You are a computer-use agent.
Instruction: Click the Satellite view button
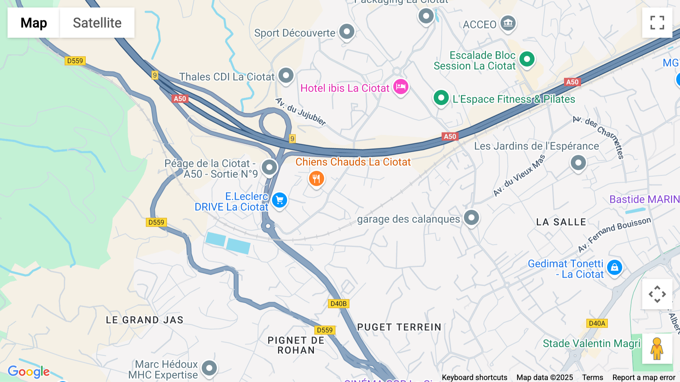[x=97, y=23]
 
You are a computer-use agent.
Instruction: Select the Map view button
[x=34, y=23]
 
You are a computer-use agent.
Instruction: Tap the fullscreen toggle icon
[x=657, y=23]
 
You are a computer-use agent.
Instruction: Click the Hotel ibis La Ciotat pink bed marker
[x=400, y=87]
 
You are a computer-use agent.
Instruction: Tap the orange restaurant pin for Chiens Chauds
[x=317, y=179]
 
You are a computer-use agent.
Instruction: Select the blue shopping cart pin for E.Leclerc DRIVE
[x=280, y=200]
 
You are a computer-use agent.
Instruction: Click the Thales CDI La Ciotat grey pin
[x=286, y=76]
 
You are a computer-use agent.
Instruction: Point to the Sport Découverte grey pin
[x=346, y=31]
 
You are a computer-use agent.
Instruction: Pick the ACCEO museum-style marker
[x=508, y=23]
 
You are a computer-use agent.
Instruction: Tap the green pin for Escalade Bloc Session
[x=527, y=59]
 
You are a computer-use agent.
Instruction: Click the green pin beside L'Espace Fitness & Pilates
[x=441, y=98]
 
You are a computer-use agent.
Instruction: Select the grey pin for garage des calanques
[x=471, y=217]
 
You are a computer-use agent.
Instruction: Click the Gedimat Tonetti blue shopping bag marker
[x=614, y=267]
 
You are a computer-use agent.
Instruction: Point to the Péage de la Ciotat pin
[x=269, y=167]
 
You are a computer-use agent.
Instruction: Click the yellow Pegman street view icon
[x=657, y=349]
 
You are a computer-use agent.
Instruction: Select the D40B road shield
[x=338, y=304]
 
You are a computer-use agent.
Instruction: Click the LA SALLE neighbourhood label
[x=561, y=222]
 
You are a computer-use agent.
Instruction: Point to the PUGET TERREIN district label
[x=399, y=327]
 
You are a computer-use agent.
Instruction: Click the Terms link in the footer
[x=592, y=377]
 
